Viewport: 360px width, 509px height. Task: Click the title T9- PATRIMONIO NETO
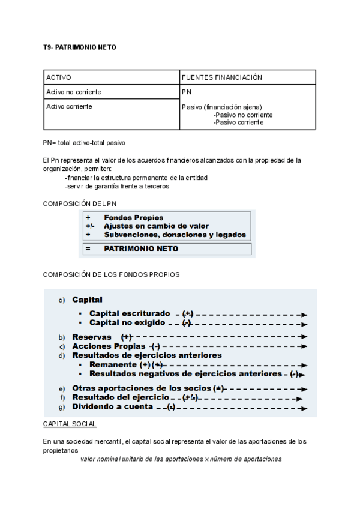(76, 47)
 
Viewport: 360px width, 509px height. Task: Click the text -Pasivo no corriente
(242, 115)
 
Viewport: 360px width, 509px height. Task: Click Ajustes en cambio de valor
(156, 226)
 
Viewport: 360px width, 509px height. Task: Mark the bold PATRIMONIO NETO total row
(141, 248)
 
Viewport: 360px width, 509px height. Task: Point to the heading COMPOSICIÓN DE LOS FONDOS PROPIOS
(111, 274)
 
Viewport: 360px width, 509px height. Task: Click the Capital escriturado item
(130, 313)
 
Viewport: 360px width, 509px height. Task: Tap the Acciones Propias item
(109, 346)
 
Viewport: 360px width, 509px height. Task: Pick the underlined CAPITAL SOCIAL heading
(70, 424)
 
